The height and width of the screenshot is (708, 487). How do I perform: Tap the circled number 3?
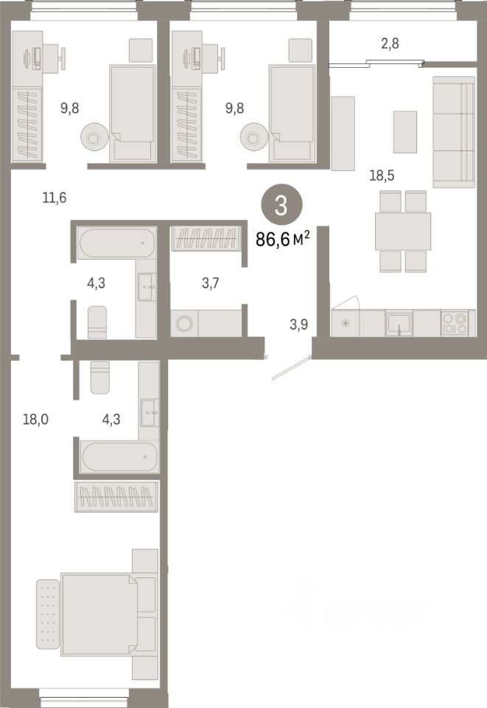(x=281, y=204)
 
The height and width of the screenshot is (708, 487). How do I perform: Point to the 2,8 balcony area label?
(x=390, y=44)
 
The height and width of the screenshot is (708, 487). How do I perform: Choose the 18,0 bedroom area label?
(x=35, y=419)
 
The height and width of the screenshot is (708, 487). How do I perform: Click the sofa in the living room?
(x=453, y=131)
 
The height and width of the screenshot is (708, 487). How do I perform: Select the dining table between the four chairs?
(x=402, y=231)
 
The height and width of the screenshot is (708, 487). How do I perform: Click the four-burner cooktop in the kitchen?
(x=454, y=323)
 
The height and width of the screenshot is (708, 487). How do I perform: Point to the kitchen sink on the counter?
(x=399, y=324)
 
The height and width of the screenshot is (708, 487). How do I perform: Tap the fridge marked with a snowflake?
(x=345, y=323)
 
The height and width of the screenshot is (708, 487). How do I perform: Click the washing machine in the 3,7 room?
(x=183, y=323)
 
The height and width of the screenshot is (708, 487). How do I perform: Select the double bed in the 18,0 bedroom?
(x=99, y=614)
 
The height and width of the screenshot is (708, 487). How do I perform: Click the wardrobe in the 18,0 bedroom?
(x=116, y=496)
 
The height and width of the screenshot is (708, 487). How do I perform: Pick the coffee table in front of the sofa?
(x=404, y=132)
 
